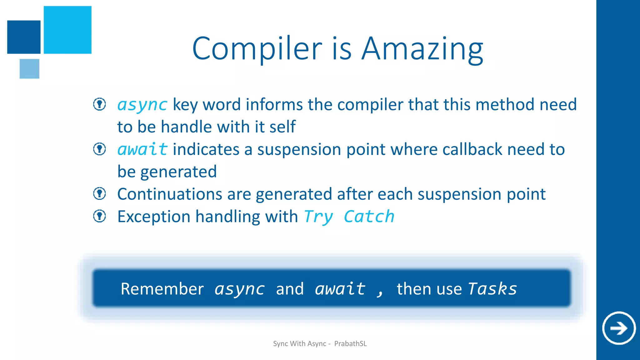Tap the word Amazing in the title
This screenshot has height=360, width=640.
pyautogui.click(x=422, y=49)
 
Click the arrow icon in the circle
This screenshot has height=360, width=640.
pyautogui.click(x=619, y=328)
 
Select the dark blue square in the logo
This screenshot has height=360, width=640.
pyautogui.click(x=24, y=37)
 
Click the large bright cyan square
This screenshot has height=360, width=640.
pyautogui.click(x=67, y=30)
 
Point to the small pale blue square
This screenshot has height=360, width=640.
pyautogui.click(x=29, y=68)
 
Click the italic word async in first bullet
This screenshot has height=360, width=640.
pyautogui.click(x=142, y=105)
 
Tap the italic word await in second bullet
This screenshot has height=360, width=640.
pyautogui.click(x=142, y=149)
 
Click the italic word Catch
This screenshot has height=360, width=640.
pyautogui.click(x=369, y=217)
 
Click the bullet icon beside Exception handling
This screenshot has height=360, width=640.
pyautogui.click(x=100, y=216)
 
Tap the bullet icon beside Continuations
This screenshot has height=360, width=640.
pyautogui.click(x=100, y=193)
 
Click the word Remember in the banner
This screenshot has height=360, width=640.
pyautogui.click(x=162, y=289)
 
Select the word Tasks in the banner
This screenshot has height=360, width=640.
pyautogui.click(x=492, y=289)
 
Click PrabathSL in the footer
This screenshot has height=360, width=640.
pyautogui.click(x=350, y=344)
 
